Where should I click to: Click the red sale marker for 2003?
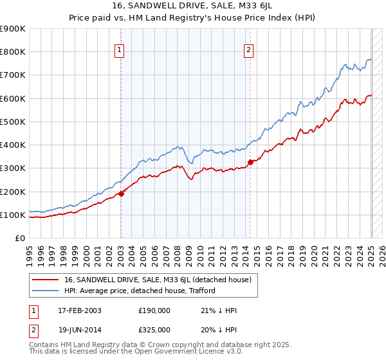(121, 194)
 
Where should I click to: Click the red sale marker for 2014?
(250, 162)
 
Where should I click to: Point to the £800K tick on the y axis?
(12, 52)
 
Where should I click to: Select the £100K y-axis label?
(12, 215)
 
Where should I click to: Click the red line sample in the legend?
(46, 280)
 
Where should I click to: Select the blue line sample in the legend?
(46, 291)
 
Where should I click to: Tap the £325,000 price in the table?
(154, 329)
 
